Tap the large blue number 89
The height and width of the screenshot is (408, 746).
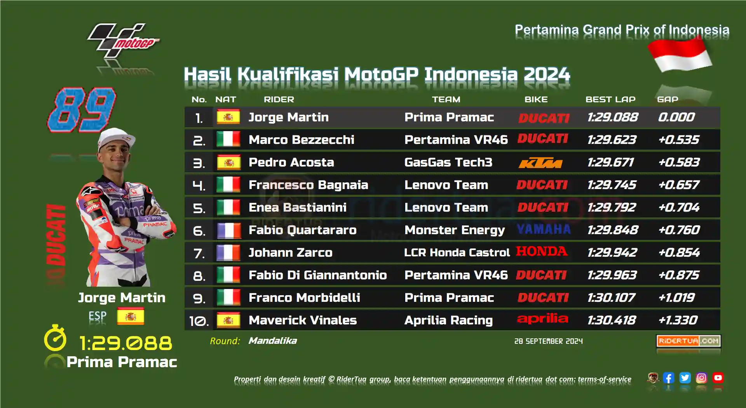coord(82,110)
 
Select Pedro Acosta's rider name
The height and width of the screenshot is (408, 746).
coord(291,162)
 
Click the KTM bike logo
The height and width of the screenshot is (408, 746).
coord(540,163)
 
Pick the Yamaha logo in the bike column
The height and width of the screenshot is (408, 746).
coord(544,229)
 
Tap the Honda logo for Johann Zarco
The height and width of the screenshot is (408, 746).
coord(542,251)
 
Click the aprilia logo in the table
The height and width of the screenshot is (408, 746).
coord(542,319)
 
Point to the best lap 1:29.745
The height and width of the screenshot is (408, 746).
coord(612,185)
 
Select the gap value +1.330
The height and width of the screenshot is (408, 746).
coord(678,320)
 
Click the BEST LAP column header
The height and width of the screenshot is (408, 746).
coord(610,100)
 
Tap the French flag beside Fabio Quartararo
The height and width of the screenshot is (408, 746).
coord(228,230)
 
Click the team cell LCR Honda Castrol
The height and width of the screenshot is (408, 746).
coord(457,252)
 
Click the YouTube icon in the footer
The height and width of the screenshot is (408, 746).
coord(718,378)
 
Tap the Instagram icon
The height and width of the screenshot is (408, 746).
coord(701,378)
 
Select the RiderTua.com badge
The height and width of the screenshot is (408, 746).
coord(688,341)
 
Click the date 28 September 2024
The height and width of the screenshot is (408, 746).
coord(549,341)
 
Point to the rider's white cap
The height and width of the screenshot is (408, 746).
coord(117,138)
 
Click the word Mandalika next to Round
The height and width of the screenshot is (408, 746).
coord(273,341)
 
